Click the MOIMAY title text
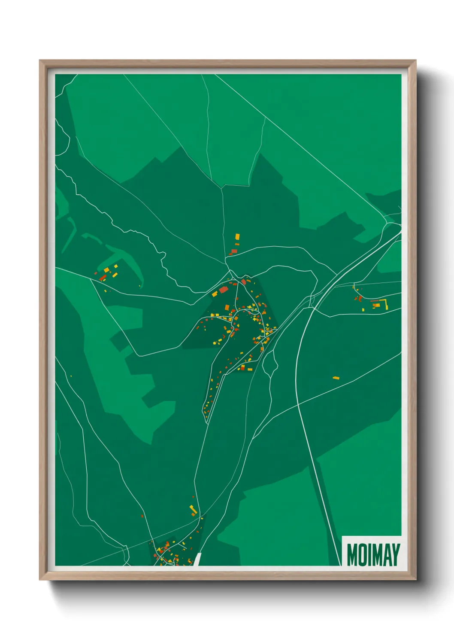click(x=373, y=555)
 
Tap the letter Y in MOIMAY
click(x=395, y=555)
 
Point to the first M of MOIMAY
click(x=352, y=555)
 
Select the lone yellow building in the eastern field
click(x=336, y=378)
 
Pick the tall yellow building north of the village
click(x=237, y=237)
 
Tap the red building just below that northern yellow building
click(x=234, y=251)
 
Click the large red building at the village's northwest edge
click(x=223, y=290)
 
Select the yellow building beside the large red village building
click(x=215, y=294)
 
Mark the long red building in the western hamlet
click(x=103, y=278)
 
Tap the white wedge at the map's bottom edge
click(x=198, y=559)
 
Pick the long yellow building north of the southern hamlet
click(x=193, y=510)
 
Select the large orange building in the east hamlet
click(x=376, y=305)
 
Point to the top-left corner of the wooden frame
click(x=40, y=61)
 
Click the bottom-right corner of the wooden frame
click(x=415, y=579)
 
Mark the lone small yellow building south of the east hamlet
click(x=363, y=309)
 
